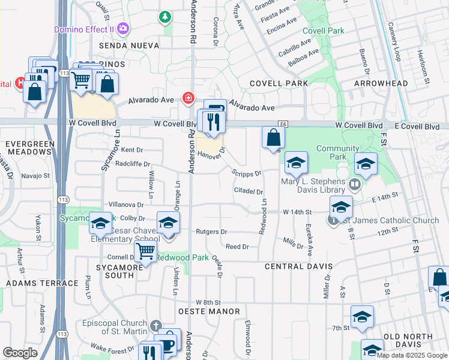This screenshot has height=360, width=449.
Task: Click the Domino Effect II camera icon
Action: [124, 28]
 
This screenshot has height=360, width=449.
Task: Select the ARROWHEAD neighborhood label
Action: [381, 83]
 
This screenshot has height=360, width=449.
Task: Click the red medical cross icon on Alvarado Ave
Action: [188, 97]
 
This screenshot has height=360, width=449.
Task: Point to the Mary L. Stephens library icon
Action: [354, 184]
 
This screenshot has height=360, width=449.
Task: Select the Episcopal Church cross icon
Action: [155, 326]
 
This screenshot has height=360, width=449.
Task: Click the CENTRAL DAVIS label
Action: [298, 266]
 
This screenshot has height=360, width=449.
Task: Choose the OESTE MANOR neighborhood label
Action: [209, 311]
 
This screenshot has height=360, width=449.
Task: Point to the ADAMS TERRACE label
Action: [42, 283]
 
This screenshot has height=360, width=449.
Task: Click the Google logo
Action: [20, 353]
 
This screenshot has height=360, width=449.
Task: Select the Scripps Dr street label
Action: [247, 173]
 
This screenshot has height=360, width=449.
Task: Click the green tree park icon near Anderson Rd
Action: [164, 17]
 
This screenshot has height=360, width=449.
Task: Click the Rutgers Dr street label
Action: [212, 232]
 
